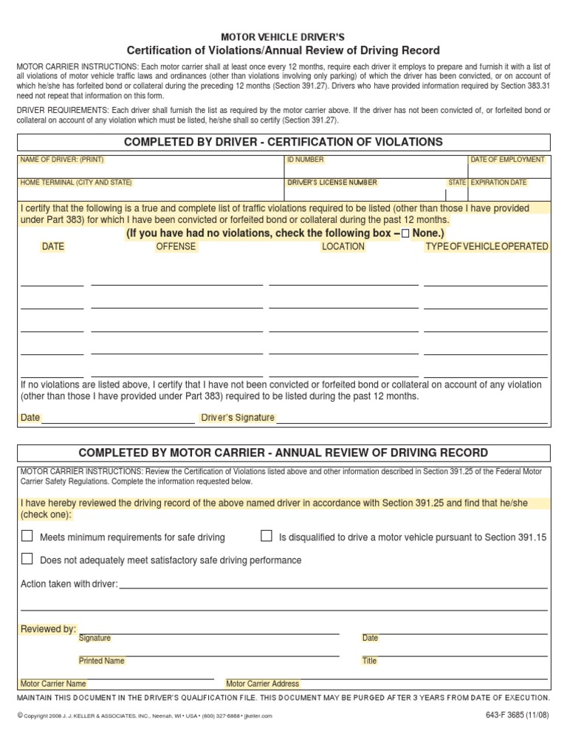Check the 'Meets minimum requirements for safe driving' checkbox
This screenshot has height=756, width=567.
(27, 537)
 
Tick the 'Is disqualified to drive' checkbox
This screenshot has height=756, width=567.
(267, 537)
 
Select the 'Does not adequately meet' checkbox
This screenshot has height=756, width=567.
(27, 559)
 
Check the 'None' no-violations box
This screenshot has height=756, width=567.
(405, 233)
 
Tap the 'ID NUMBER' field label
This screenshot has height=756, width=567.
(306, 159)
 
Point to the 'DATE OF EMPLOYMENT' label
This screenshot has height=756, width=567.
(508, 159)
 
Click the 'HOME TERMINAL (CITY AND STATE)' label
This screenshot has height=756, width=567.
(76, 182)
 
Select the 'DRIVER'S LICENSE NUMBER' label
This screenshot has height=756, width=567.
(332, 182)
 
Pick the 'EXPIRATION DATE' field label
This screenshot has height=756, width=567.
(499, 182)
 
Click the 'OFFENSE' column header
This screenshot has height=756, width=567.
(175, 247)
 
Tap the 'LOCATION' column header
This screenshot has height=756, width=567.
(343, 247)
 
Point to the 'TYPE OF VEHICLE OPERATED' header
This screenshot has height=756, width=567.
(487, 247)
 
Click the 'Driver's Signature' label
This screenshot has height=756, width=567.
(238, 418)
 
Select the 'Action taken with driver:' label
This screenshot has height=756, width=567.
(69, 584)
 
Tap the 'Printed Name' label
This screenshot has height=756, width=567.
(101, 661)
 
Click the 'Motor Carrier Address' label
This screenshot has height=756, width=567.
(263, 684)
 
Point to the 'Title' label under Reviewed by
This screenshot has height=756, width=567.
(370, 661)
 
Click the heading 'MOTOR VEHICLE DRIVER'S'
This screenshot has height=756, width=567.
(283, 36)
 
